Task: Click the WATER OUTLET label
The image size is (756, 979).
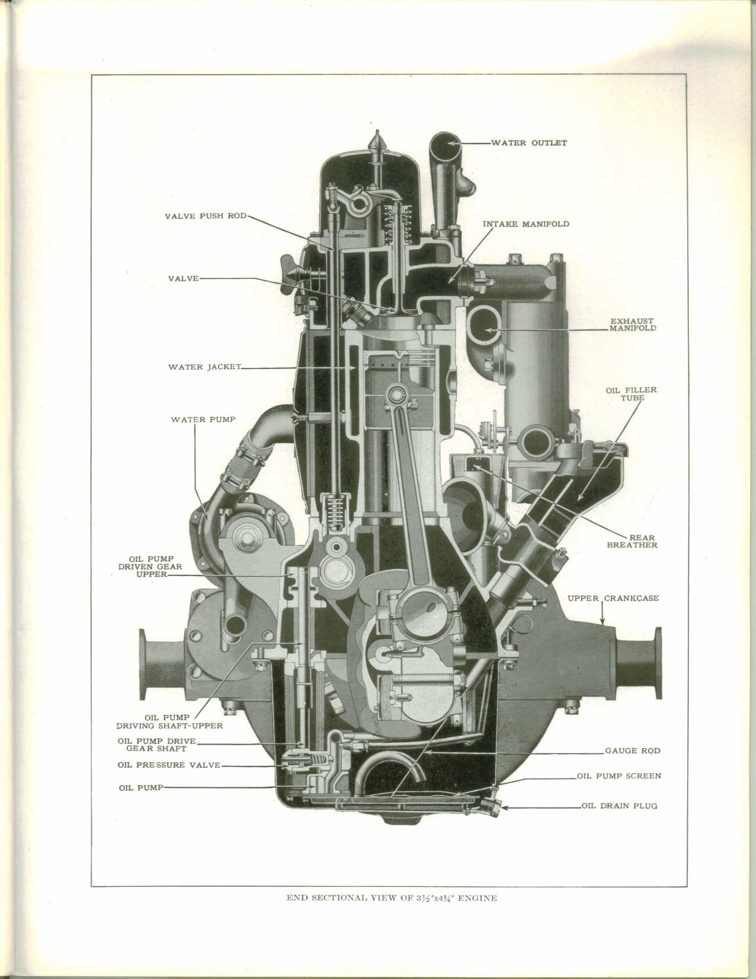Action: pyautogui.click(x=529, y=143)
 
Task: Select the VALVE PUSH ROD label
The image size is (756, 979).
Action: pyautogui.click(x=205, y=216)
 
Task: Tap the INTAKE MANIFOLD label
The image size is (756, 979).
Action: pyautogui.click(x=525, y=224)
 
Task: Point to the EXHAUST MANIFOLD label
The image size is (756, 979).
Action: pyautogui.click(x=633, y=325)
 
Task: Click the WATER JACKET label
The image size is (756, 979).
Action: pyautogui.click(x=205, y=367)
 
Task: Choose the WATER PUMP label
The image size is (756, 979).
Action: pyautogui.click(x=203, y=419)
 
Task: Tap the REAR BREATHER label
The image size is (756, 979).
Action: pyautogui.click(x=632, y=541)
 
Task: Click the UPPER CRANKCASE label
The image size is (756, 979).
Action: pyautogui.click(x=613, y=598)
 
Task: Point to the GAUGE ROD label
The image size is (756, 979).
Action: pyautogui.click(x=632, y=751)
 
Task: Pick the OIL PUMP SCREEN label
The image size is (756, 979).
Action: pyautogui.click(x=619, y=775)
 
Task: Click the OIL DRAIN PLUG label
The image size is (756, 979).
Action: pyautogui.click(x=619, y=806)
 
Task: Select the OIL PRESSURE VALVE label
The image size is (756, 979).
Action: pyautogui.click(x=168, y=765)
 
